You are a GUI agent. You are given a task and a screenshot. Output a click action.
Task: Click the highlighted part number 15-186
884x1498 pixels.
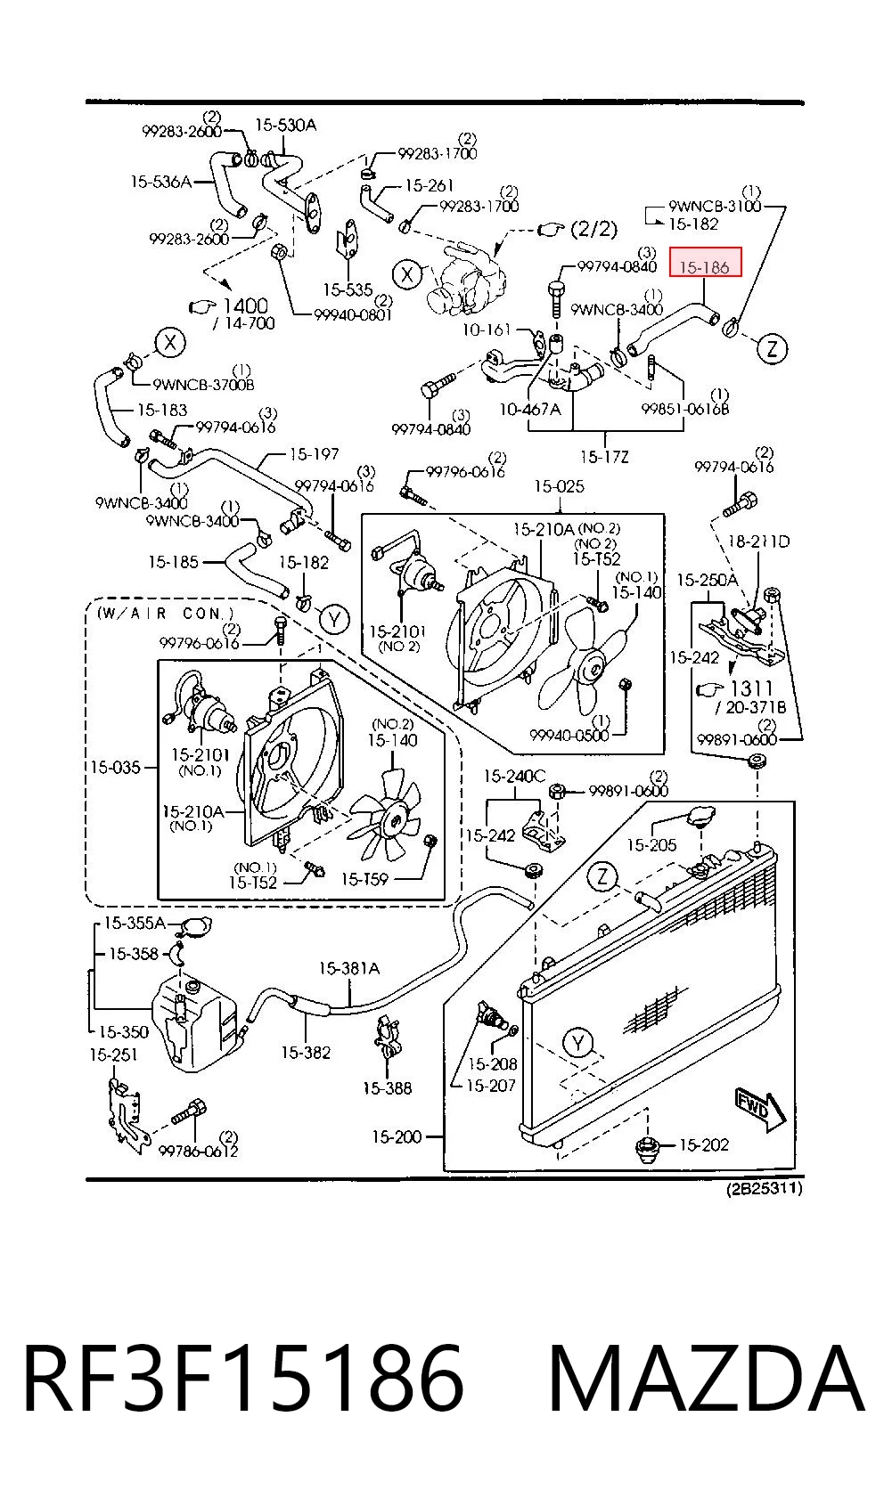pyautogui.click(x=704, y=267)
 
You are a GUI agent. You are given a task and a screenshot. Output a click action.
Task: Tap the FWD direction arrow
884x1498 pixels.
pyautogui.click(x=761, y=1110)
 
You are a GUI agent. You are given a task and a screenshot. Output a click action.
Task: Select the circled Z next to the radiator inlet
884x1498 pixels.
pyautogui.click(x=602, y=876)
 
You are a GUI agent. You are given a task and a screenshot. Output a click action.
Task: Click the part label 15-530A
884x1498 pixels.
pyautogui.click(x=286, y=125)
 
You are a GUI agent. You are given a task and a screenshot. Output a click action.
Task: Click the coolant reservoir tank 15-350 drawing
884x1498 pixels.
pyautogui.click(x=192, y=1022)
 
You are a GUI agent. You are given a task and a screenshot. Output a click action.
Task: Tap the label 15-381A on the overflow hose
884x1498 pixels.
pyautogui.click(x=348, y=968)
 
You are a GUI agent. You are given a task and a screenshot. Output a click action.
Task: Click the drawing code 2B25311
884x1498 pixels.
pyautogui.click(x=765, y=1188)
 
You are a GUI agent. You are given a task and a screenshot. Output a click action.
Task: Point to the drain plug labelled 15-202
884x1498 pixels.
pyautogui.click(x=649, y=1146)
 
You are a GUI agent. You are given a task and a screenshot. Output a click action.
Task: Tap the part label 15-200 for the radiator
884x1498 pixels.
pyautogui.click(x=397, y=1136)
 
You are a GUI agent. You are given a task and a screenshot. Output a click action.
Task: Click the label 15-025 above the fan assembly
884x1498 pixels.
pyautogui.click(x=559, y=485)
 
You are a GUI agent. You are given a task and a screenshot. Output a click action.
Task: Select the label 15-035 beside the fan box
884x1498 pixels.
pyautogui.click(x=115, y=767)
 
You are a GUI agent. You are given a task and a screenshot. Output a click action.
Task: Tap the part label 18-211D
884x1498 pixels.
pyautogui.click(x=759, y=541)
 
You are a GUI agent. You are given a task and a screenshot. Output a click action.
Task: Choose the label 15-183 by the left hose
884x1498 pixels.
pyautogui.click(x=162, y=410)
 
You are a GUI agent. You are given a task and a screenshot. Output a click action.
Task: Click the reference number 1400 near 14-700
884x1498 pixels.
pyautogui.click(x=245, y=305)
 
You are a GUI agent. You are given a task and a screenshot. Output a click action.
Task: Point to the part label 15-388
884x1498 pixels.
pyautogui.click(x=388, y=1088)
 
